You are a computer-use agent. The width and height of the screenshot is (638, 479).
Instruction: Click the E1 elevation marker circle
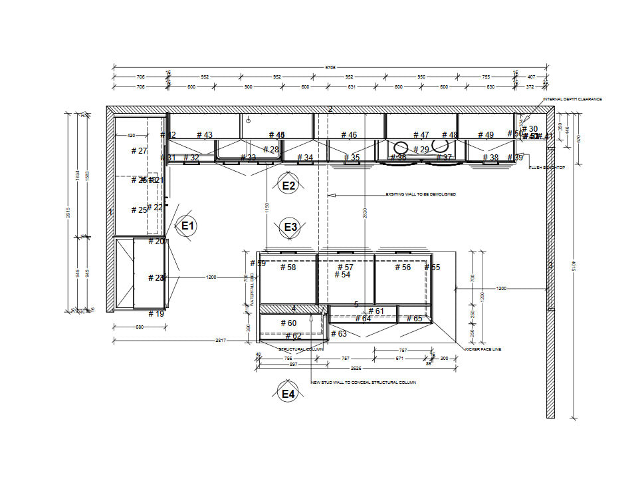tap(187, 226)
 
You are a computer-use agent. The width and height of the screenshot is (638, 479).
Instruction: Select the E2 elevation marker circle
tap(288, 186)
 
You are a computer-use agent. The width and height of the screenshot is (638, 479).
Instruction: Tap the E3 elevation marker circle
tap(290, 228)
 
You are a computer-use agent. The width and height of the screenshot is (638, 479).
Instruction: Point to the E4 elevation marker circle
tap(288, 395)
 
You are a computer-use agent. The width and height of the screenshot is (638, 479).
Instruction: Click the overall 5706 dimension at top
tap(330, 67)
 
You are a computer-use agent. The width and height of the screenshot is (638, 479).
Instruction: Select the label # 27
tap(139, 150)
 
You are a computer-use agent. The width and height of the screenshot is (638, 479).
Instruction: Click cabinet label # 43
tap(205, 135)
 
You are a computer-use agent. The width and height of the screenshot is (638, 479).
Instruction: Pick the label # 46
tap(348, 135)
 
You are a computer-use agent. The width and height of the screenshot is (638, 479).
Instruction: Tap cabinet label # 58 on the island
tap(288, 267)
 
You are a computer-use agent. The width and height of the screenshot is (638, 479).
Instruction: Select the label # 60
tap(288, 323)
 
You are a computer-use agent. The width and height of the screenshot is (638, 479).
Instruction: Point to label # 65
tap(413, 319)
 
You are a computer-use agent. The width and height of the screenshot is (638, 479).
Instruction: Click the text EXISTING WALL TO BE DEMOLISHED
tap(421, 194)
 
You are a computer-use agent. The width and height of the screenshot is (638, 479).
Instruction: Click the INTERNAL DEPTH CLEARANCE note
tap(573, 99)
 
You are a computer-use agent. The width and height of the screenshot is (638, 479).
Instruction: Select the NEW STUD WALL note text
tap(364, 383)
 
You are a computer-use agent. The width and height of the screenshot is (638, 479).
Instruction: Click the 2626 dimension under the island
tap(356, 367)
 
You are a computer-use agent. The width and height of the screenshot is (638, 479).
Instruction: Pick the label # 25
tap(139, 210)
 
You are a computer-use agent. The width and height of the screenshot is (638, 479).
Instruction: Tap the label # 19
tap(156, 313)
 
